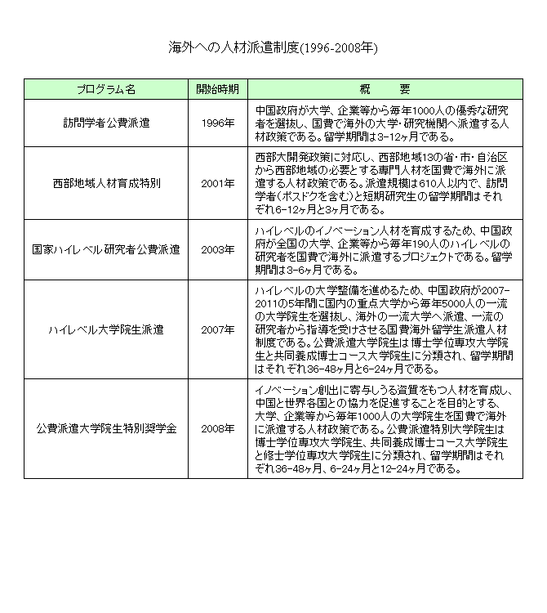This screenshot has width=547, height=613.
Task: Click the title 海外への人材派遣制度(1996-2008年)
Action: [273, 47]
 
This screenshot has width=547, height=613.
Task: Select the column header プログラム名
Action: [106, 88]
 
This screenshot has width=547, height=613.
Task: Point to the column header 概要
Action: [383, 88]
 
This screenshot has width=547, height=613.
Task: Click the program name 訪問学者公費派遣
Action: [106, 123]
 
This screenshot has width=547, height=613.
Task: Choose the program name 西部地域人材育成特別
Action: [106, 183]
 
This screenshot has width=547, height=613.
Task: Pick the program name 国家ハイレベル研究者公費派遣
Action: [106, 248]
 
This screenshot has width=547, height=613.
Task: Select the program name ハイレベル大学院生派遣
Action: [106, 329]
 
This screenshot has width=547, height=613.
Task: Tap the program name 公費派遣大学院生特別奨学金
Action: [106, 428]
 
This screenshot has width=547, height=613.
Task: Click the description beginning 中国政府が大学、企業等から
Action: [383, 123]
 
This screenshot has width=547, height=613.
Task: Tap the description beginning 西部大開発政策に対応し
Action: [383, 183]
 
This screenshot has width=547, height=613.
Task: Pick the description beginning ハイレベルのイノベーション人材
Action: [383, 248]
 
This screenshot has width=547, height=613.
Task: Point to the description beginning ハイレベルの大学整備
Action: [383, 329]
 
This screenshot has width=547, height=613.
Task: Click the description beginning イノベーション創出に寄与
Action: [383, 428]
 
